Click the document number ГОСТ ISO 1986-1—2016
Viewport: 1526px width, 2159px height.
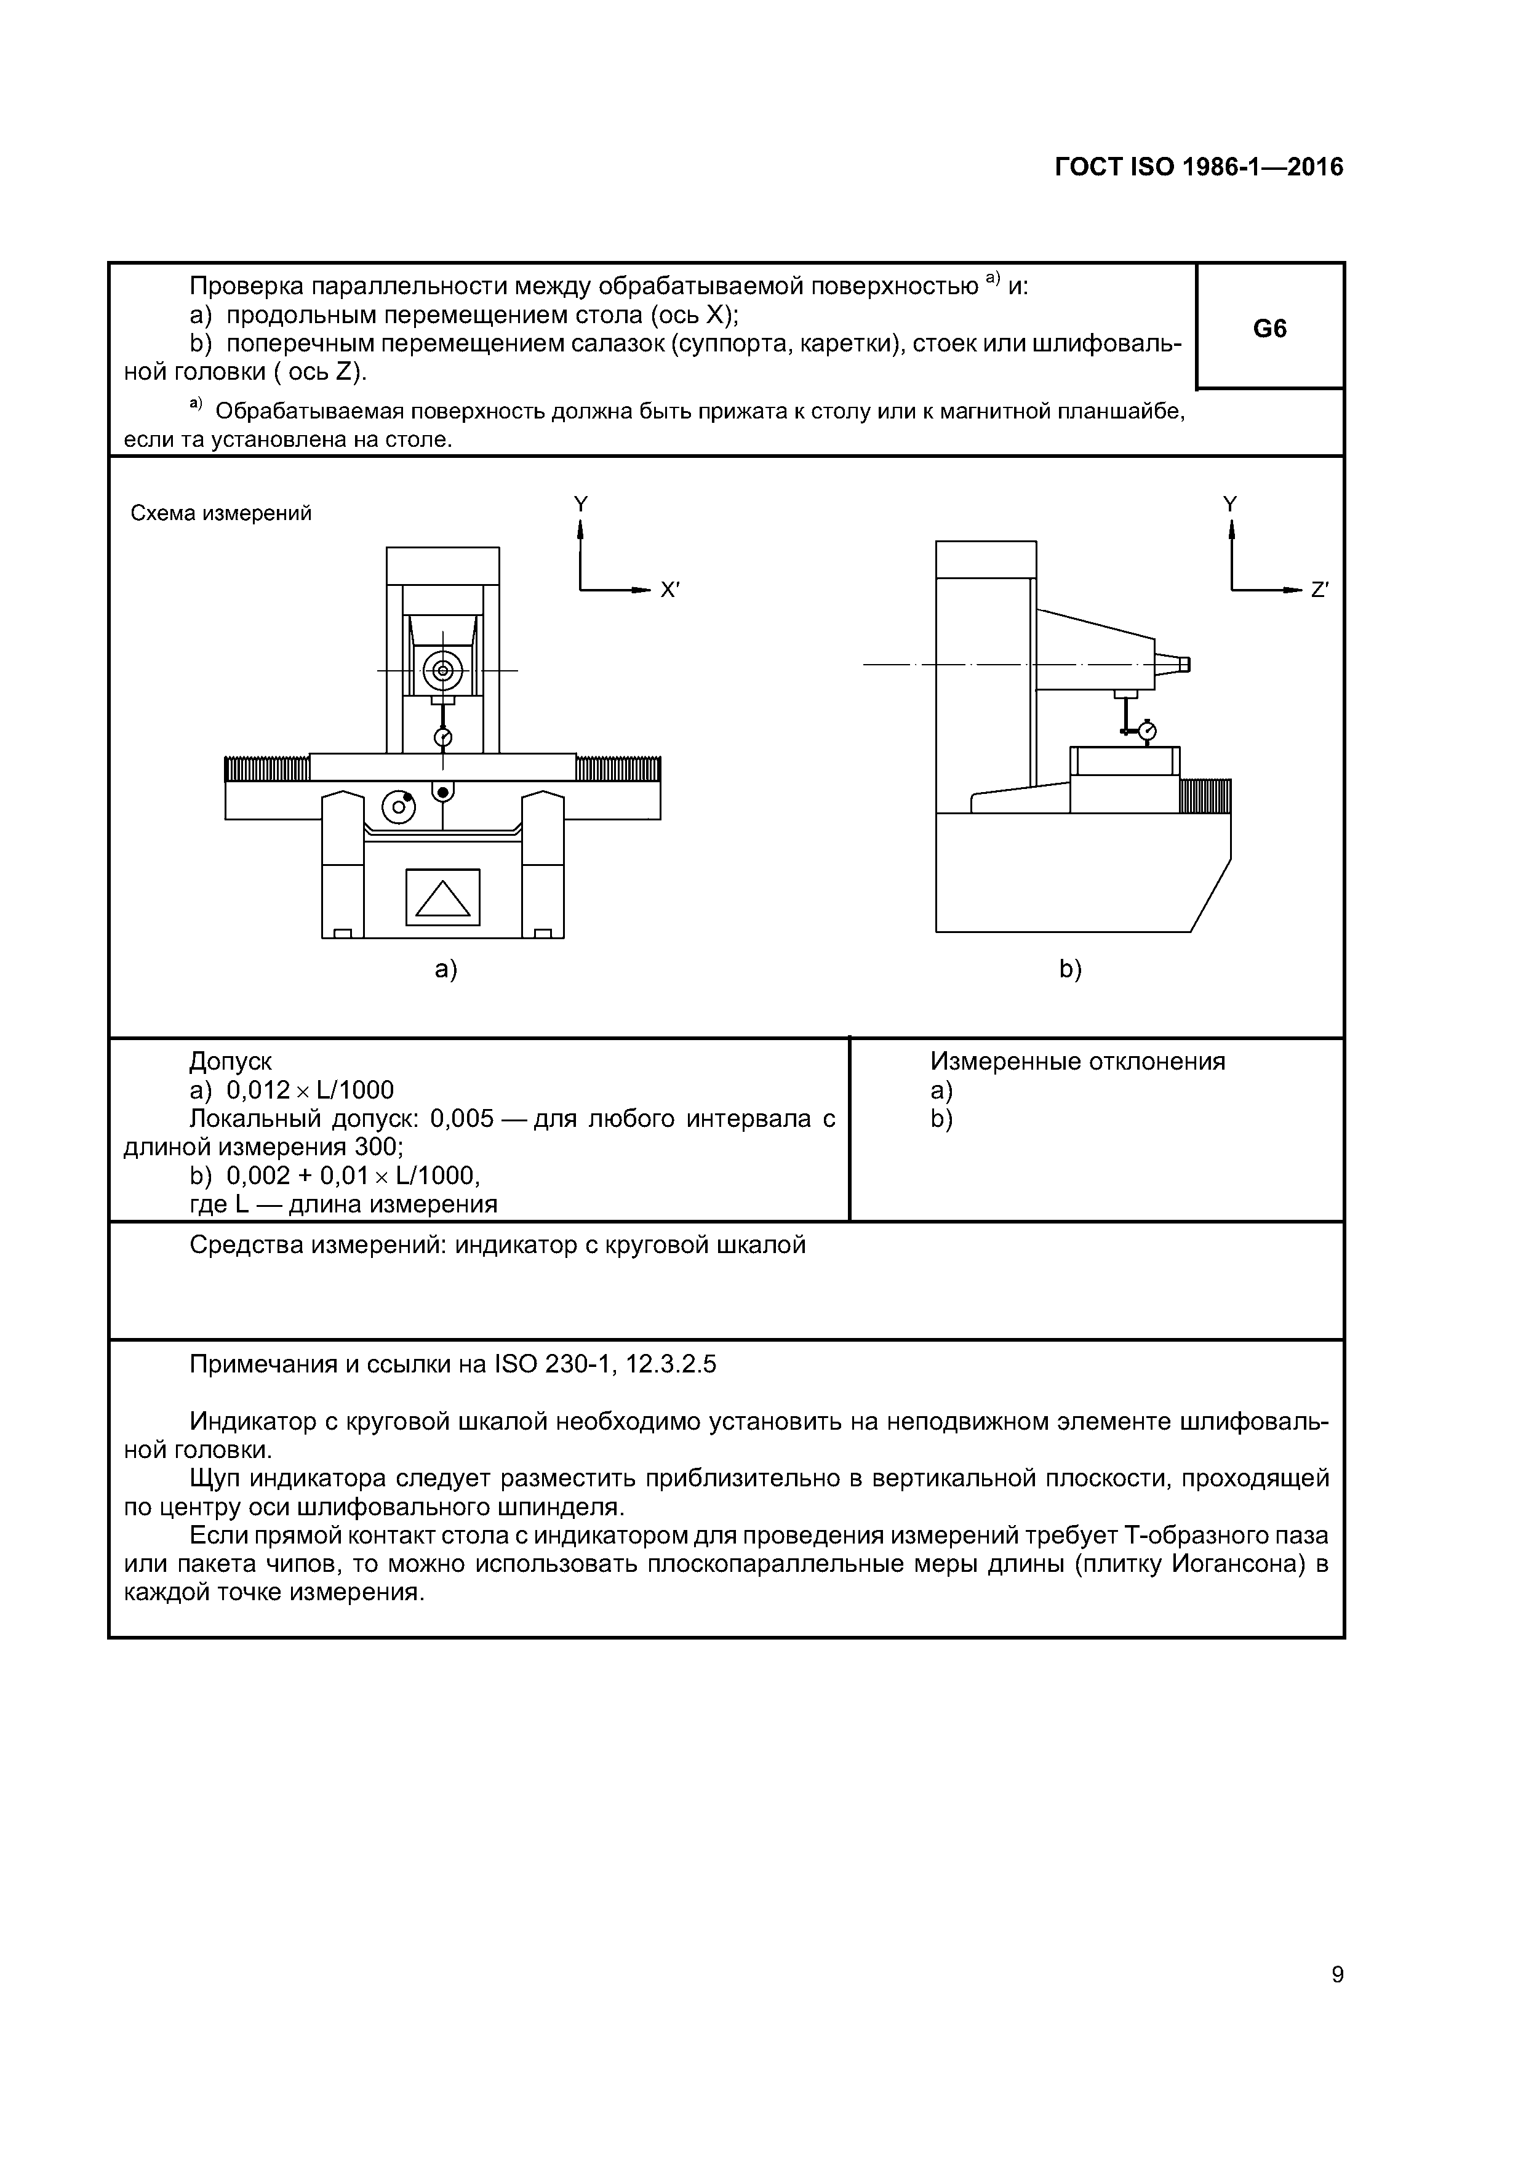1199,167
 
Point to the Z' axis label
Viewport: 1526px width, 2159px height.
1319,591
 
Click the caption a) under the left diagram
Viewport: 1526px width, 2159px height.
445,969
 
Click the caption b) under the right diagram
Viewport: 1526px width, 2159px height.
1070,969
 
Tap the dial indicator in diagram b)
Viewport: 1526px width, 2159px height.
1147,730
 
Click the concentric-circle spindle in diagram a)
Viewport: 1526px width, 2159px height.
443,670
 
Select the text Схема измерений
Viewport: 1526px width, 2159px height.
221,513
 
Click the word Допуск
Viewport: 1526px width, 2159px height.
230,1062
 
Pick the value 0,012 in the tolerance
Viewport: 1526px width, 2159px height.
258,1091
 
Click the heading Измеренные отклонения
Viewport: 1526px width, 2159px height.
1077,1062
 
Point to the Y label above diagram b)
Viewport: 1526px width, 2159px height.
1230,505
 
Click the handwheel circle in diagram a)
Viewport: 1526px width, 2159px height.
399,806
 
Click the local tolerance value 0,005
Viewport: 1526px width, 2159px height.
461,1119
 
